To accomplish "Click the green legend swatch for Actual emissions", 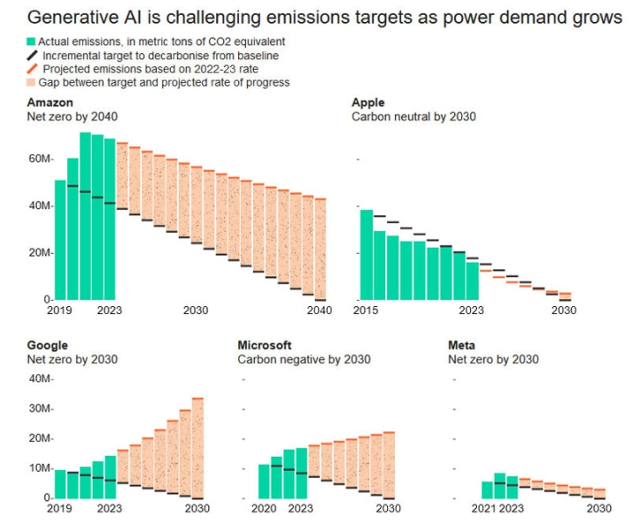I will [31, 42].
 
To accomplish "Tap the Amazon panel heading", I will [50, 103].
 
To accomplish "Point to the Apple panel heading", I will [368, 103].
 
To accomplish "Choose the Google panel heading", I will [48, 345].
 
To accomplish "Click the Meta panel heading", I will [462, 345].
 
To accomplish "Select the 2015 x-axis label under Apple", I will [366, 311].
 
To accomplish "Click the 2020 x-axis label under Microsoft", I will [265, 509].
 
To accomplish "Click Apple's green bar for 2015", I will [366, 255].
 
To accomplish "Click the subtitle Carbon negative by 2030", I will [304, 359].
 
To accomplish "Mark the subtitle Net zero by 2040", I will [73, 117].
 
